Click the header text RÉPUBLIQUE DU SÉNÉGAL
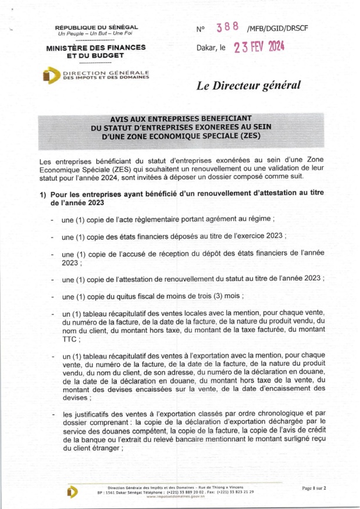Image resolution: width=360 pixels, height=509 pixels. click(96, 27)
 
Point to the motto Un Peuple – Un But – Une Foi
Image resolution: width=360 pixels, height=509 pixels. click(96, 34)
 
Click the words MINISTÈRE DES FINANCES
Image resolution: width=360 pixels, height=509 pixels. click(96, 47)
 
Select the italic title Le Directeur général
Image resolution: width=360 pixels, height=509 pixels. click(248, 86)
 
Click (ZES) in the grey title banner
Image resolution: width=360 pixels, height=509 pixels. click(247, 137)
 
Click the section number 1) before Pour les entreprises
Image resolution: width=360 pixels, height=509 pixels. click(44, 194)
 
